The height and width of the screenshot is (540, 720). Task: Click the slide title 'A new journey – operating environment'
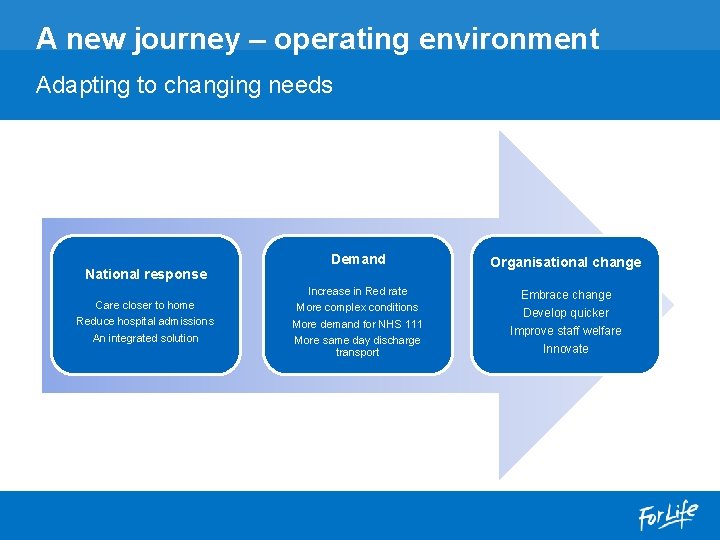[x=317, y=39]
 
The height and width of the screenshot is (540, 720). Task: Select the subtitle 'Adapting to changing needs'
[x=184, y=85]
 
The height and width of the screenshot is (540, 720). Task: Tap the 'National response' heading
[x=146, y=274]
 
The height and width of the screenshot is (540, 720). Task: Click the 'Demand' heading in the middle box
[x=358, y=259]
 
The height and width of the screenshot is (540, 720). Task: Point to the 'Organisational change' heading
[x=565, y=262]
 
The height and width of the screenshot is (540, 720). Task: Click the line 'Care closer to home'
[x=145, y=305]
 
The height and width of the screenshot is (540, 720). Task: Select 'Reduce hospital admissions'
[x=145, y=321]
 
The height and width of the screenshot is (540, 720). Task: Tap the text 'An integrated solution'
[x=145, y=338]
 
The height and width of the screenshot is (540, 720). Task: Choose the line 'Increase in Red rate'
[x=357, y=291]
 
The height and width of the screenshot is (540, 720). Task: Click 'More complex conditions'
[x=357, y=307]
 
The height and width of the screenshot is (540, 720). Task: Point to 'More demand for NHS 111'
[x=357, y=324]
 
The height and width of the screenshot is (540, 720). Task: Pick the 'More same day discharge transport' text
[x=357, y=346]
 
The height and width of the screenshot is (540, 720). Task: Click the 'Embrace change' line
[x=566, y=295]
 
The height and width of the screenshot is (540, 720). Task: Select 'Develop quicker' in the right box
[x=566, y=313]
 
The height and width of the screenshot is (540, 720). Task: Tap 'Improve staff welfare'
[x=566, y=331]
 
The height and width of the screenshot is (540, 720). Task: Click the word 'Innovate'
[x=566, y=349]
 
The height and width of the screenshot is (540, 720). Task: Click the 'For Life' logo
[x=669, y=516]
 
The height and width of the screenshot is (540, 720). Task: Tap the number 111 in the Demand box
[x=413, y=324]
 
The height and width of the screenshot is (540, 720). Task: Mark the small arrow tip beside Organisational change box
[x=668, y=304]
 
